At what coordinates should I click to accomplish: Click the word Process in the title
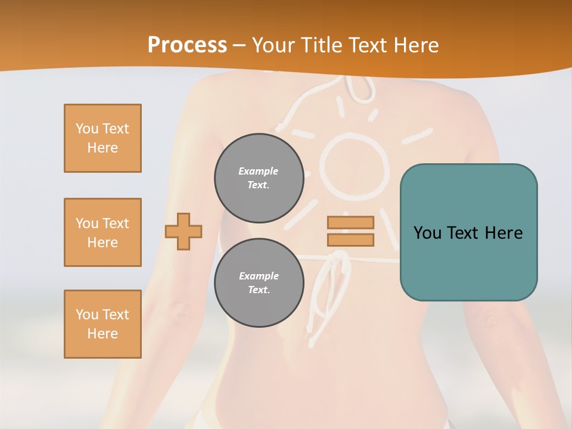(x=187, y=45)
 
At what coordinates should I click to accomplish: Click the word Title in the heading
(x=319, y=45)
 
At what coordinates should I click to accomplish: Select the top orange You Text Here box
(x=102, y=138)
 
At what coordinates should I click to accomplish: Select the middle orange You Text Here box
(x=102, y=232)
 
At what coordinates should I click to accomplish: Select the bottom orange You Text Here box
(x=102, y=324)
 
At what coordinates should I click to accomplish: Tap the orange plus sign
(x=184, y=231)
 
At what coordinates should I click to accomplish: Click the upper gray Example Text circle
(x=259, y=178)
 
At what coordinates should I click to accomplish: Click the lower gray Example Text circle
(x=259, y=282)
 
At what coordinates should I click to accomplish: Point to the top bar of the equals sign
(x=350, y=222)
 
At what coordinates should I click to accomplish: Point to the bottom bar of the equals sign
(x=350, y=240)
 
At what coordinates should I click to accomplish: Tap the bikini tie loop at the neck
(x=357, y=89)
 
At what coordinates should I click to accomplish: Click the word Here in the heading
(x=415, y=45)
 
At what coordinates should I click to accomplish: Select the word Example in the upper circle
(x=259, y=171)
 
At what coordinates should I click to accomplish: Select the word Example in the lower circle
(x=259, y=276)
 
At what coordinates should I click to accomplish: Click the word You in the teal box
(x=427, y=233)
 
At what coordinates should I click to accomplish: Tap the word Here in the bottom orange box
(x=102, y=334)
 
